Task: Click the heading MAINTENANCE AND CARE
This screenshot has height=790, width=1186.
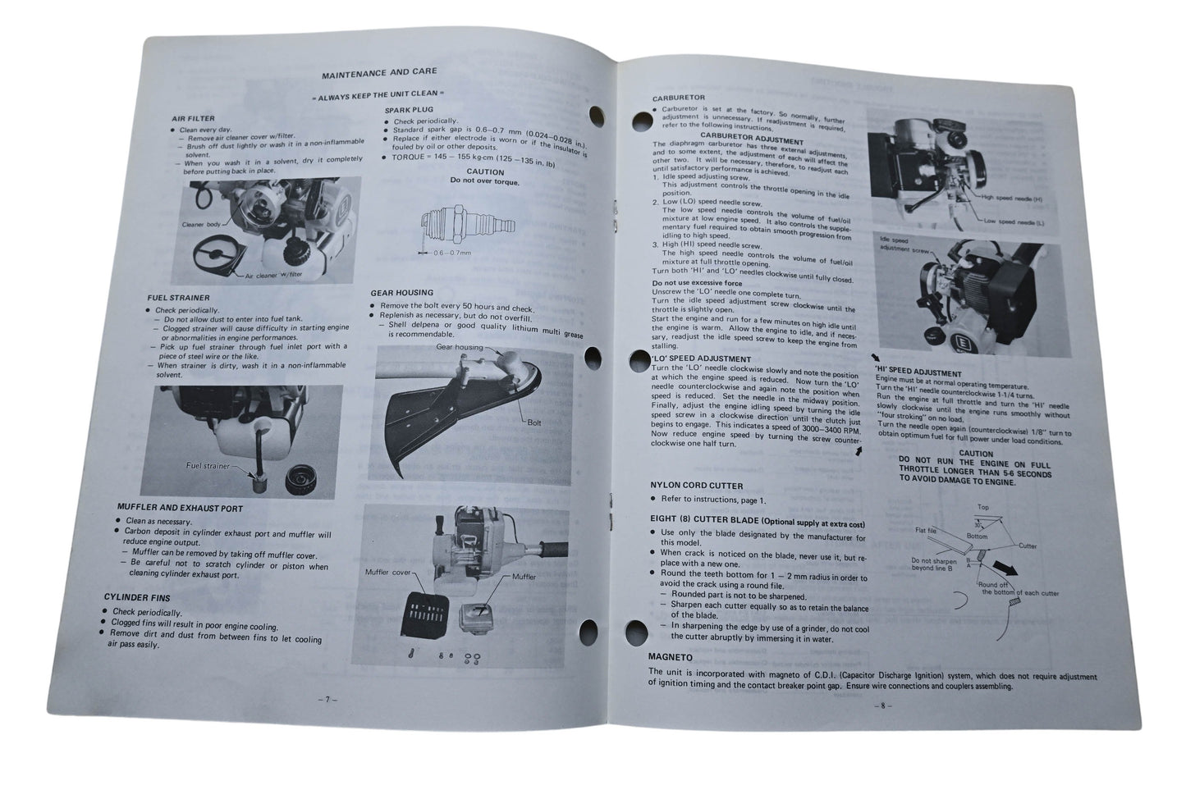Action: tap(378, 74)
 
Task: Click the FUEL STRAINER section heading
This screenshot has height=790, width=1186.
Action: tap(178, 298)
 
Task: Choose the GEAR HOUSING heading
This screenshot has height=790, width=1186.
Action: tap(401, 293)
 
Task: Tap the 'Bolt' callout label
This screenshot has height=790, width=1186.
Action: tap(534, 422)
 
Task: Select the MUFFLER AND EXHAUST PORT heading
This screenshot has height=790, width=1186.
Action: tap(180, 509)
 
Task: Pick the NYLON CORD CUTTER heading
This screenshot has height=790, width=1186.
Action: tap(696, 486)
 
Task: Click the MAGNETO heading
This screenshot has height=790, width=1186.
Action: tap(671, 657)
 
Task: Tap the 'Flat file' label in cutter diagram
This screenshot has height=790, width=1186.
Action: tap(926, 531)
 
